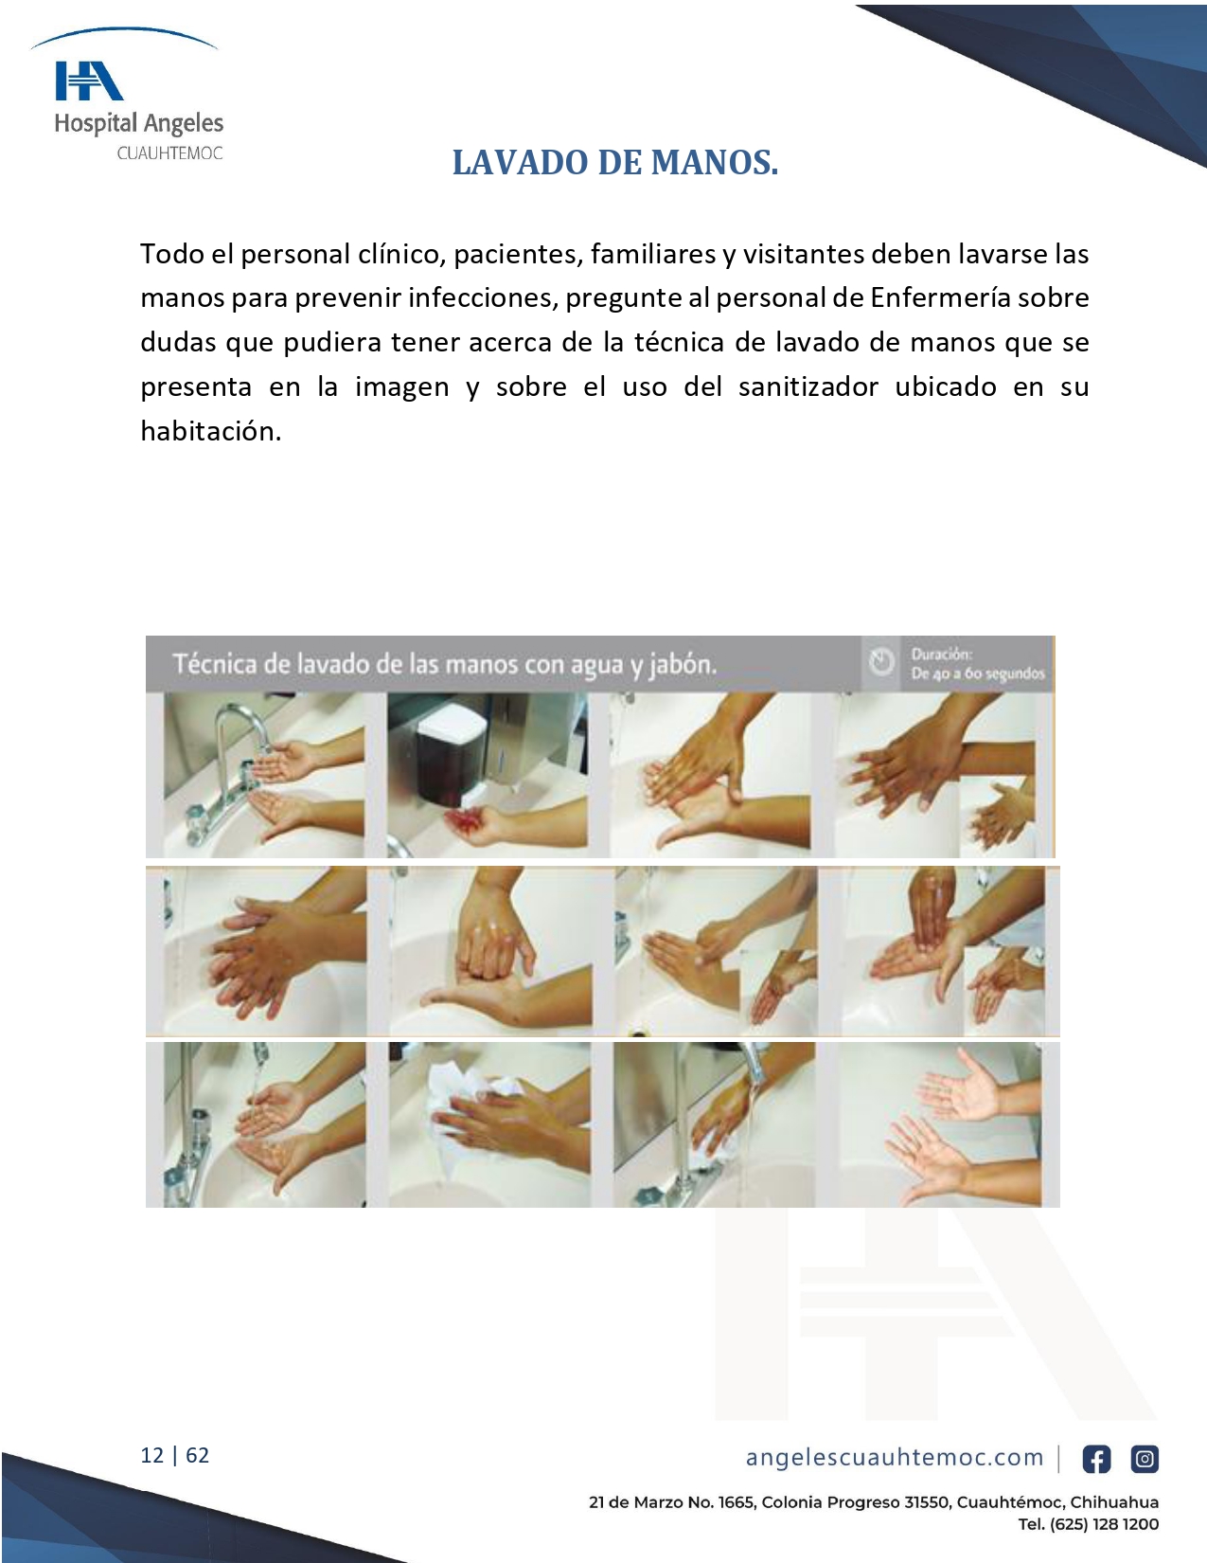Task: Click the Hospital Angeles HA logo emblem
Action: pyautogui.click(x=89, y=81)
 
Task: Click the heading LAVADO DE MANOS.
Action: pyautogui.click(x=615, y=163)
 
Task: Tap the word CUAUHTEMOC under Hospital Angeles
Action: pyautogui.click(x=169, y=153)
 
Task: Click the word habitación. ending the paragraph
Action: pyautogui.click(x=210, y=431)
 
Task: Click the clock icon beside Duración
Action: pyautogui.click(x=881, y=662)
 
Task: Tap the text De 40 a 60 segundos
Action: pyautogui.click(x=978, y=674)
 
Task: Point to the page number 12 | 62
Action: pyautogui.click(x=175, y=1455)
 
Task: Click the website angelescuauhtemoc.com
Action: pyautogui.click(x=895, y=1457)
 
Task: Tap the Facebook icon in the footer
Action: pyautogui.click(x=1096, y=1460)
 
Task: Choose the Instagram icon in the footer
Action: pyautogui.click(x=1145, y=1460)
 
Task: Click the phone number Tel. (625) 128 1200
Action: pyautogui.click(x=1089, y=1525)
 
